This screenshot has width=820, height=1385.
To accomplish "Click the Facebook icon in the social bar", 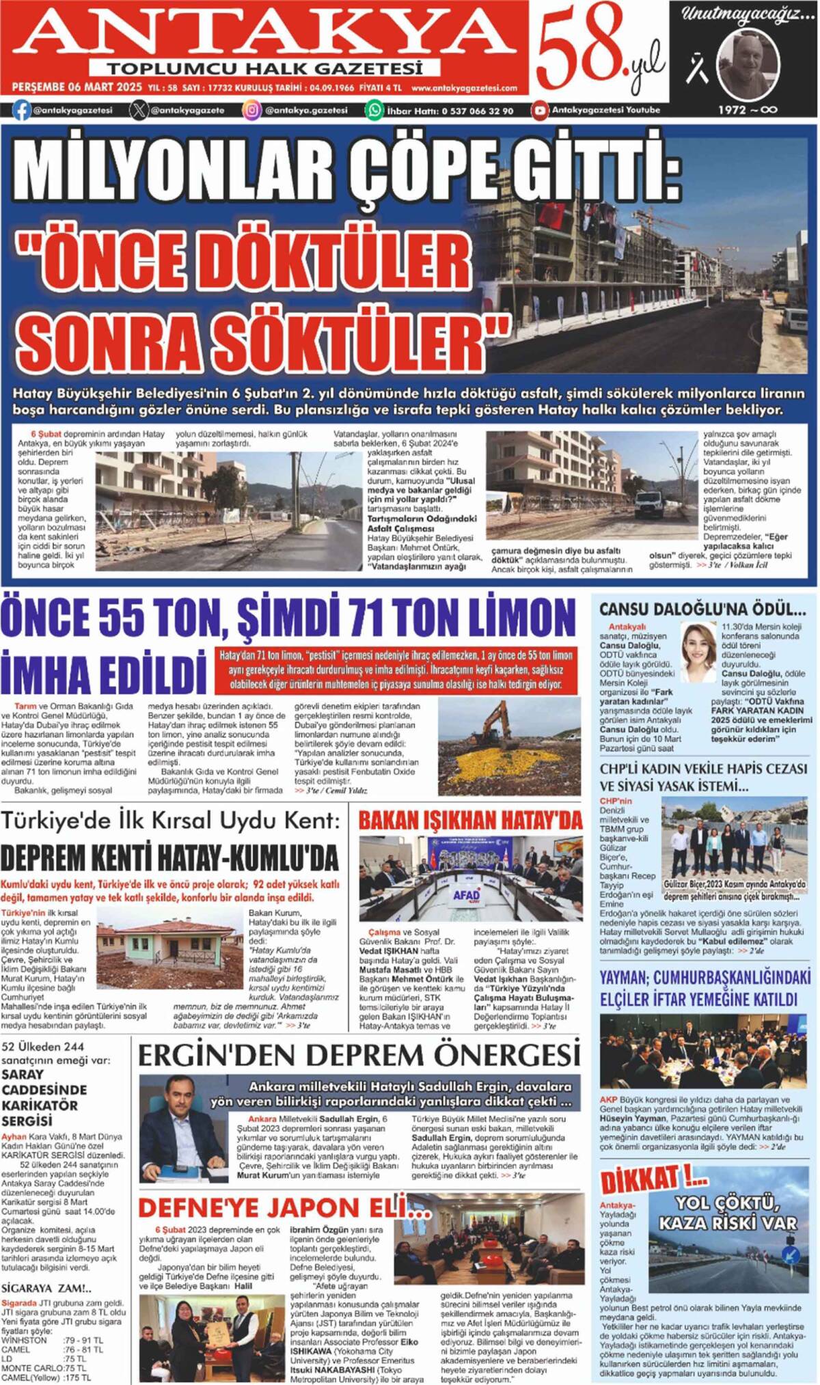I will [x=21, y=110].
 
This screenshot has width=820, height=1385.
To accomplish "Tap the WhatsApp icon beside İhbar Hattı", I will [x=374, y=110].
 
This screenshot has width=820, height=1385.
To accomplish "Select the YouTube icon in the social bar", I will [x=541, y=110].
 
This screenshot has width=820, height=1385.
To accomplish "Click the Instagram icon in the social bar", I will [x=253, y=110].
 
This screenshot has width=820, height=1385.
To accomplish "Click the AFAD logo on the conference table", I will [x=467, y=895].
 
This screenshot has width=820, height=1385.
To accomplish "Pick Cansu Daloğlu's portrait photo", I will [x=698, y=652].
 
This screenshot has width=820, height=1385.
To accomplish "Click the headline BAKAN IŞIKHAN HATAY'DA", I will [x=471, y=821].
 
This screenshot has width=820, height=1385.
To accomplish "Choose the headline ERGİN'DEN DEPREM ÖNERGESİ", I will [x=359, y=1056].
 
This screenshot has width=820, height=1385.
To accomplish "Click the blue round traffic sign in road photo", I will [x=791, y=1254].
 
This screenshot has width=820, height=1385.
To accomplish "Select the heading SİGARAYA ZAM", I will [x=46, y=1289].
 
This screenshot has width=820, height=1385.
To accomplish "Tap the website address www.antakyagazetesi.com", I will [x=464, y=88].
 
